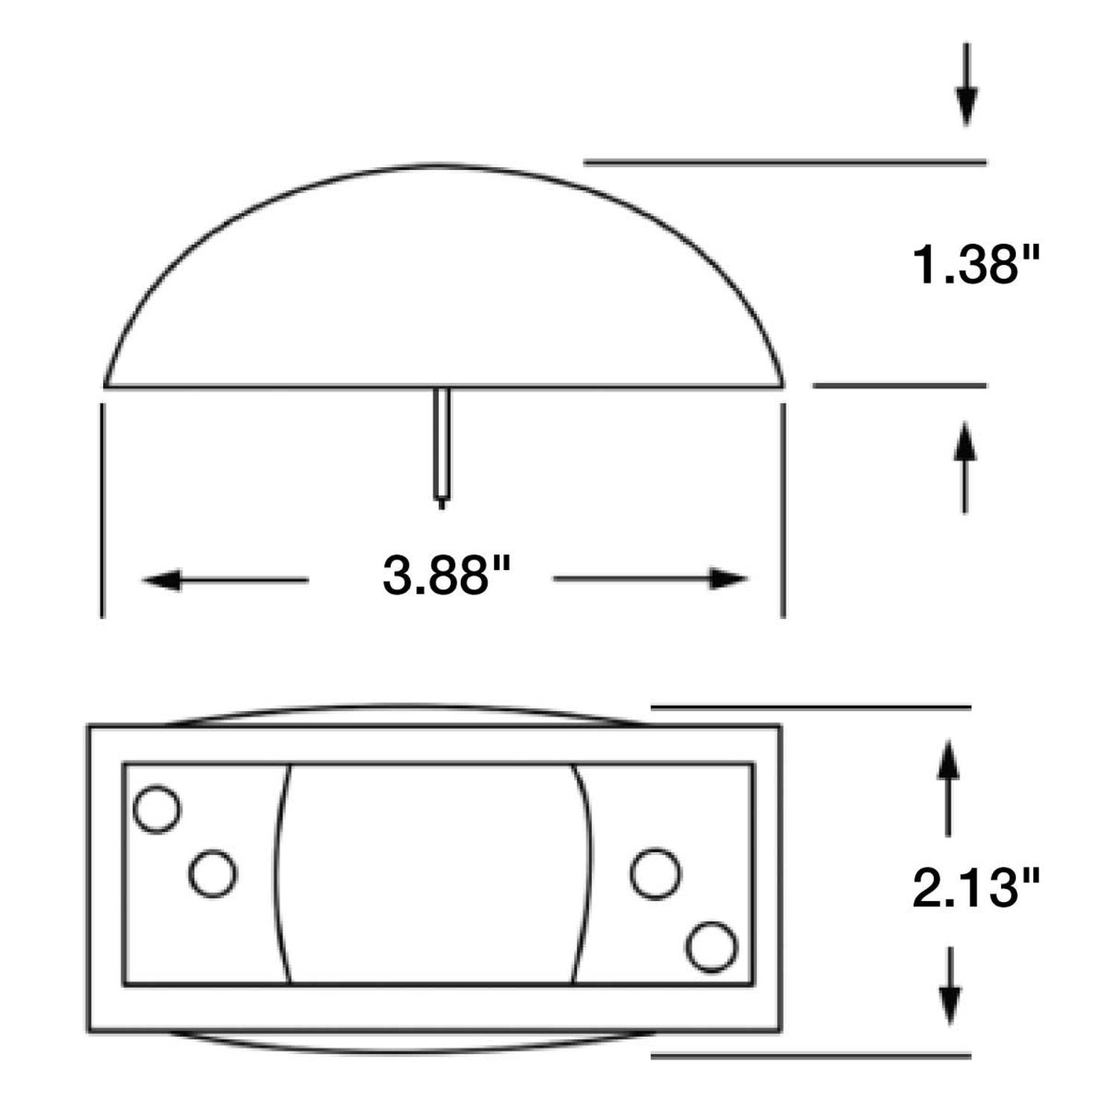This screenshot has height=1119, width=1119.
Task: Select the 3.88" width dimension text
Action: pos(446,577)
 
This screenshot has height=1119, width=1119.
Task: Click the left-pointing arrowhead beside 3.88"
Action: pos(161,580)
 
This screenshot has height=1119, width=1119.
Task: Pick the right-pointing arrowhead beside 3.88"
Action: pos(728,580)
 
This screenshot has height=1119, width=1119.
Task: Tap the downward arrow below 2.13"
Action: pos(949,1004)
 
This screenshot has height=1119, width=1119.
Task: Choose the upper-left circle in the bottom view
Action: pos(157,809)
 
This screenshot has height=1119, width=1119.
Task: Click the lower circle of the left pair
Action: pos(213,873)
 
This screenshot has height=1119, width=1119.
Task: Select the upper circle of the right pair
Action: pos(655,873)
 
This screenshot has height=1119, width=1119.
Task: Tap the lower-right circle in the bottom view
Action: pos(711,947)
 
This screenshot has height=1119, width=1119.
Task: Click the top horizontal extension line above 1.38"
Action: pos(783,161)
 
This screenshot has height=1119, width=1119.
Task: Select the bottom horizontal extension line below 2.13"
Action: pos(811,1056)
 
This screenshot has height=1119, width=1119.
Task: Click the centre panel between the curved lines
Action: pos(431,873)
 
